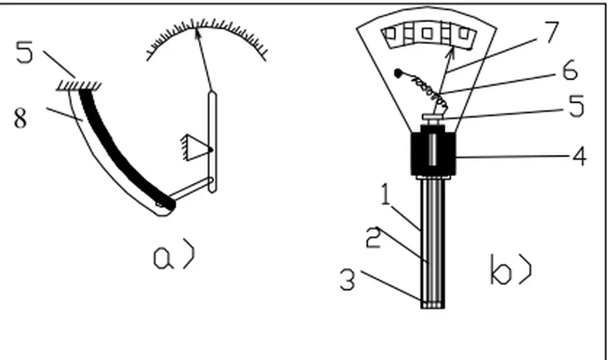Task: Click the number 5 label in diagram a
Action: click(x=24, y=52)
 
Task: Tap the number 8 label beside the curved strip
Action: click(x=21, y=118)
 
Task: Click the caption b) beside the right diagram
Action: click(x=511, y=269)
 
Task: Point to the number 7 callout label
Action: click(x=551, y=33)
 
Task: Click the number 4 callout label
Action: click(x=579, y=156)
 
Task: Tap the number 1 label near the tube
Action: click(x=385, y=195)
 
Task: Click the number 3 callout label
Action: click(x=347, y=280)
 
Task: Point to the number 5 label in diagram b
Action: click(x=576, y=106)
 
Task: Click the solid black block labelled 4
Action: click(x=433, y=154)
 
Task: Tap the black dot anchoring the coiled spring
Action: click(x=398, y=73)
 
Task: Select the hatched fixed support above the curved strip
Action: click(x=79, y=86)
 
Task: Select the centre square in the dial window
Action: click(x=427, y=33)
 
